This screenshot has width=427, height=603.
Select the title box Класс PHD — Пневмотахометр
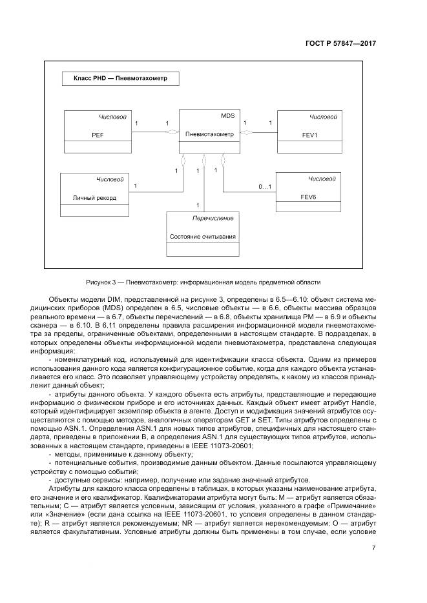click(120, 81)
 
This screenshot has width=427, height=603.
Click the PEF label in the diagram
click(98, 136)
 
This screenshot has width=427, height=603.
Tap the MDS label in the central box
click(227, 116)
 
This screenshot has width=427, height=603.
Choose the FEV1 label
click(309, 136)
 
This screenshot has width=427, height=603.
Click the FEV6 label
click(308, 196)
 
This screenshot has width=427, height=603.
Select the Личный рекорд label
click(94, 197)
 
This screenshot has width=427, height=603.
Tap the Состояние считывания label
click(203, 237)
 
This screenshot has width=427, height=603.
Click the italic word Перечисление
click(213, 219)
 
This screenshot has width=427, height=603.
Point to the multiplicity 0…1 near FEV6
click(265, 187)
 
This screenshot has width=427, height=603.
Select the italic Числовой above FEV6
click(322, 178)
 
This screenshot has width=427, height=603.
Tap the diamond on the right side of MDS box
click(245, 132)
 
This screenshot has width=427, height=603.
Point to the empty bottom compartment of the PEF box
click(96, 148)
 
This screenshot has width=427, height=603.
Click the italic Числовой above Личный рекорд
click(110, 179)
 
